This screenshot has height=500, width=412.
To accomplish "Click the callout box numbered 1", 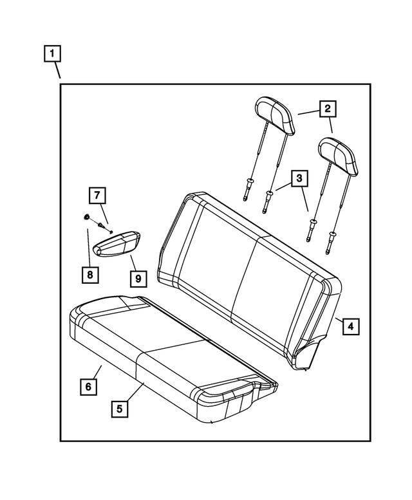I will pyautogui.click(x=52, y=52).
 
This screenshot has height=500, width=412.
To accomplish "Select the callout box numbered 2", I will pyautogui.click(x=328, y=109).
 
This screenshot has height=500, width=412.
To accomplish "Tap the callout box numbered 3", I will pyautogui.click(x=299, y=179).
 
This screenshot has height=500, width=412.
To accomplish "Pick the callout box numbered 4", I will pyautogui.click(x=350, y=327).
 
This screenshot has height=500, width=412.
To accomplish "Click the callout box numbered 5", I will pyautogui.click(x=120, y=408).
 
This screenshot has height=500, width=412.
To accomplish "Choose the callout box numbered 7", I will pyautogui.click(x=96, y=195).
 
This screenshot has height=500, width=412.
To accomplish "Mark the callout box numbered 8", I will pyautogui.click(x=90, y=275).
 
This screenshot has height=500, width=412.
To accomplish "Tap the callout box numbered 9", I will pyautogui.click(x=137, y=279).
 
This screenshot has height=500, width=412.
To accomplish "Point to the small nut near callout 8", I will pyautogui.click(x=86, y=218).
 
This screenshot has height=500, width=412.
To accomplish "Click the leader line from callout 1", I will pyautogui.click(x=57, y=69).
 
